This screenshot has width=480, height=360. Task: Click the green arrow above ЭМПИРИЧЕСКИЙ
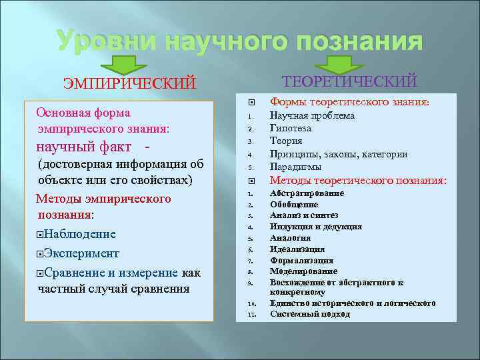coord(127,64)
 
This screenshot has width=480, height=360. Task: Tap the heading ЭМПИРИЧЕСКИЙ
coord(129,83)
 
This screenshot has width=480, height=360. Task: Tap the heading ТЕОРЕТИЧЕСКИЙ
coord(350,81)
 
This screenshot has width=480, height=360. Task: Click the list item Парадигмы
coord(295,167)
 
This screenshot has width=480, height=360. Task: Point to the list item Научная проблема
coord(303,115)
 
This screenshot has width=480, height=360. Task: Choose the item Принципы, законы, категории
coord(339,154)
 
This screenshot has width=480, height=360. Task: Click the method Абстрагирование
coord(307,193)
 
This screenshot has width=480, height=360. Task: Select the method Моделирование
coord(303,271)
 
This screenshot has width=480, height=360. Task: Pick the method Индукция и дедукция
coord(315,227)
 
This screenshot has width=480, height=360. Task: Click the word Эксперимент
coord(82,253)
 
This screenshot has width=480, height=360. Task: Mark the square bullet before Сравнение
coord(41,273)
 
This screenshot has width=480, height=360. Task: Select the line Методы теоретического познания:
coord(358,180)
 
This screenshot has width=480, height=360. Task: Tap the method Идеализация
coord(297,249)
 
